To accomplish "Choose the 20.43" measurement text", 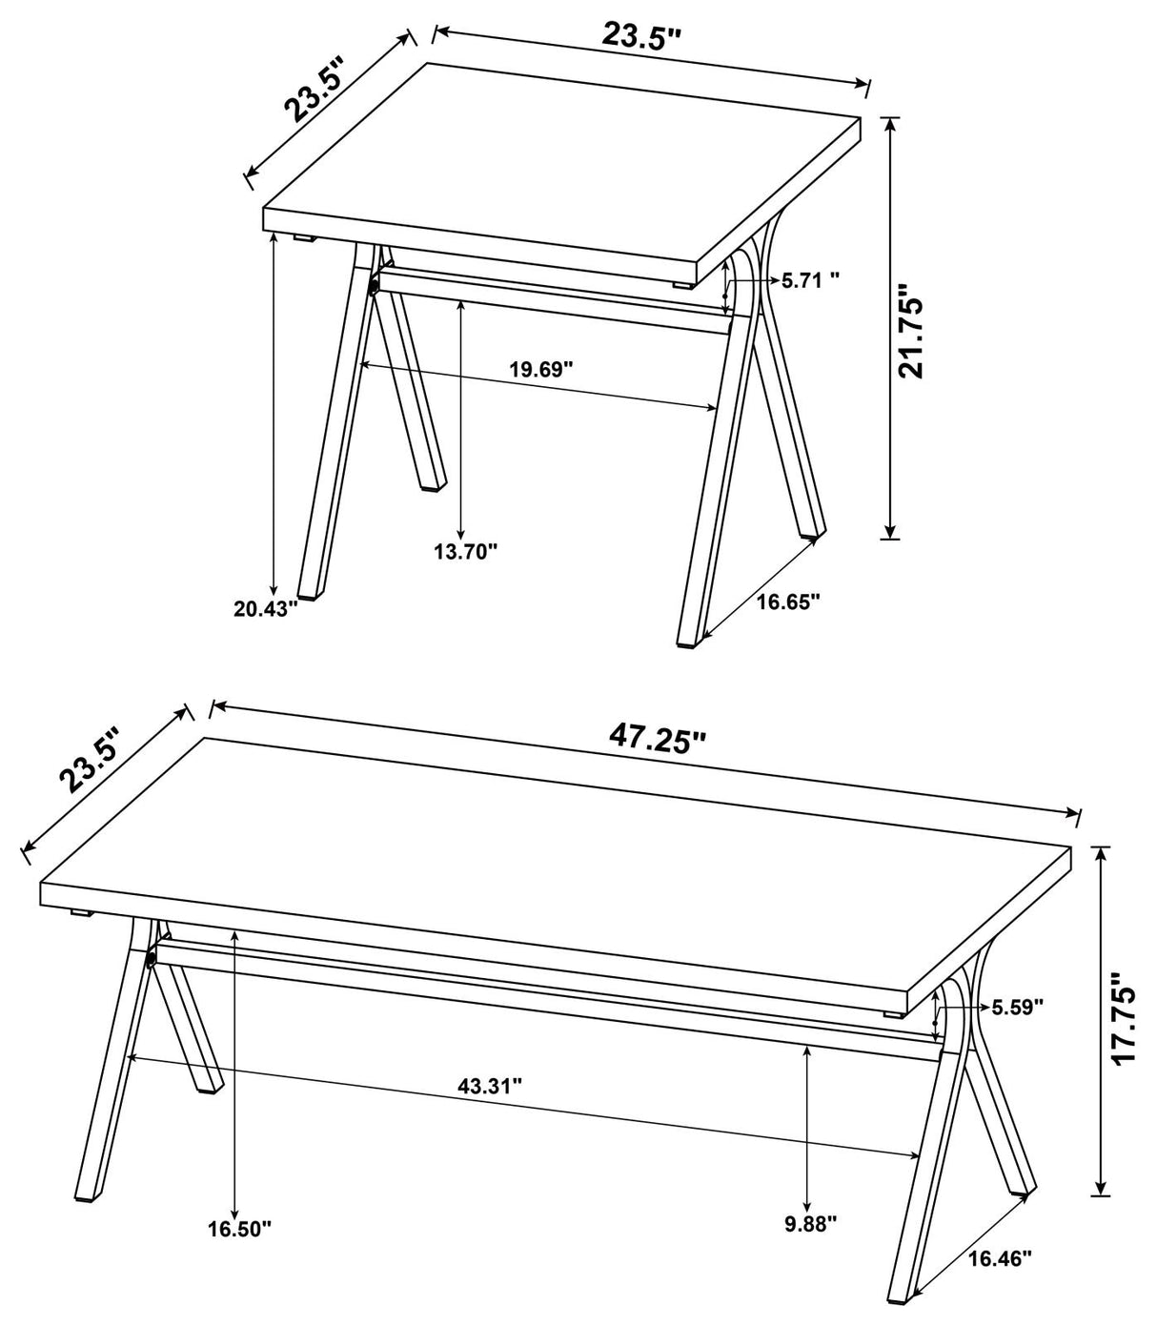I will point(267,609).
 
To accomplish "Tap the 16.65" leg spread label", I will point(788,601).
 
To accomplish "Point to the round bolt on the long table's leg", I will point(151,960).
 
